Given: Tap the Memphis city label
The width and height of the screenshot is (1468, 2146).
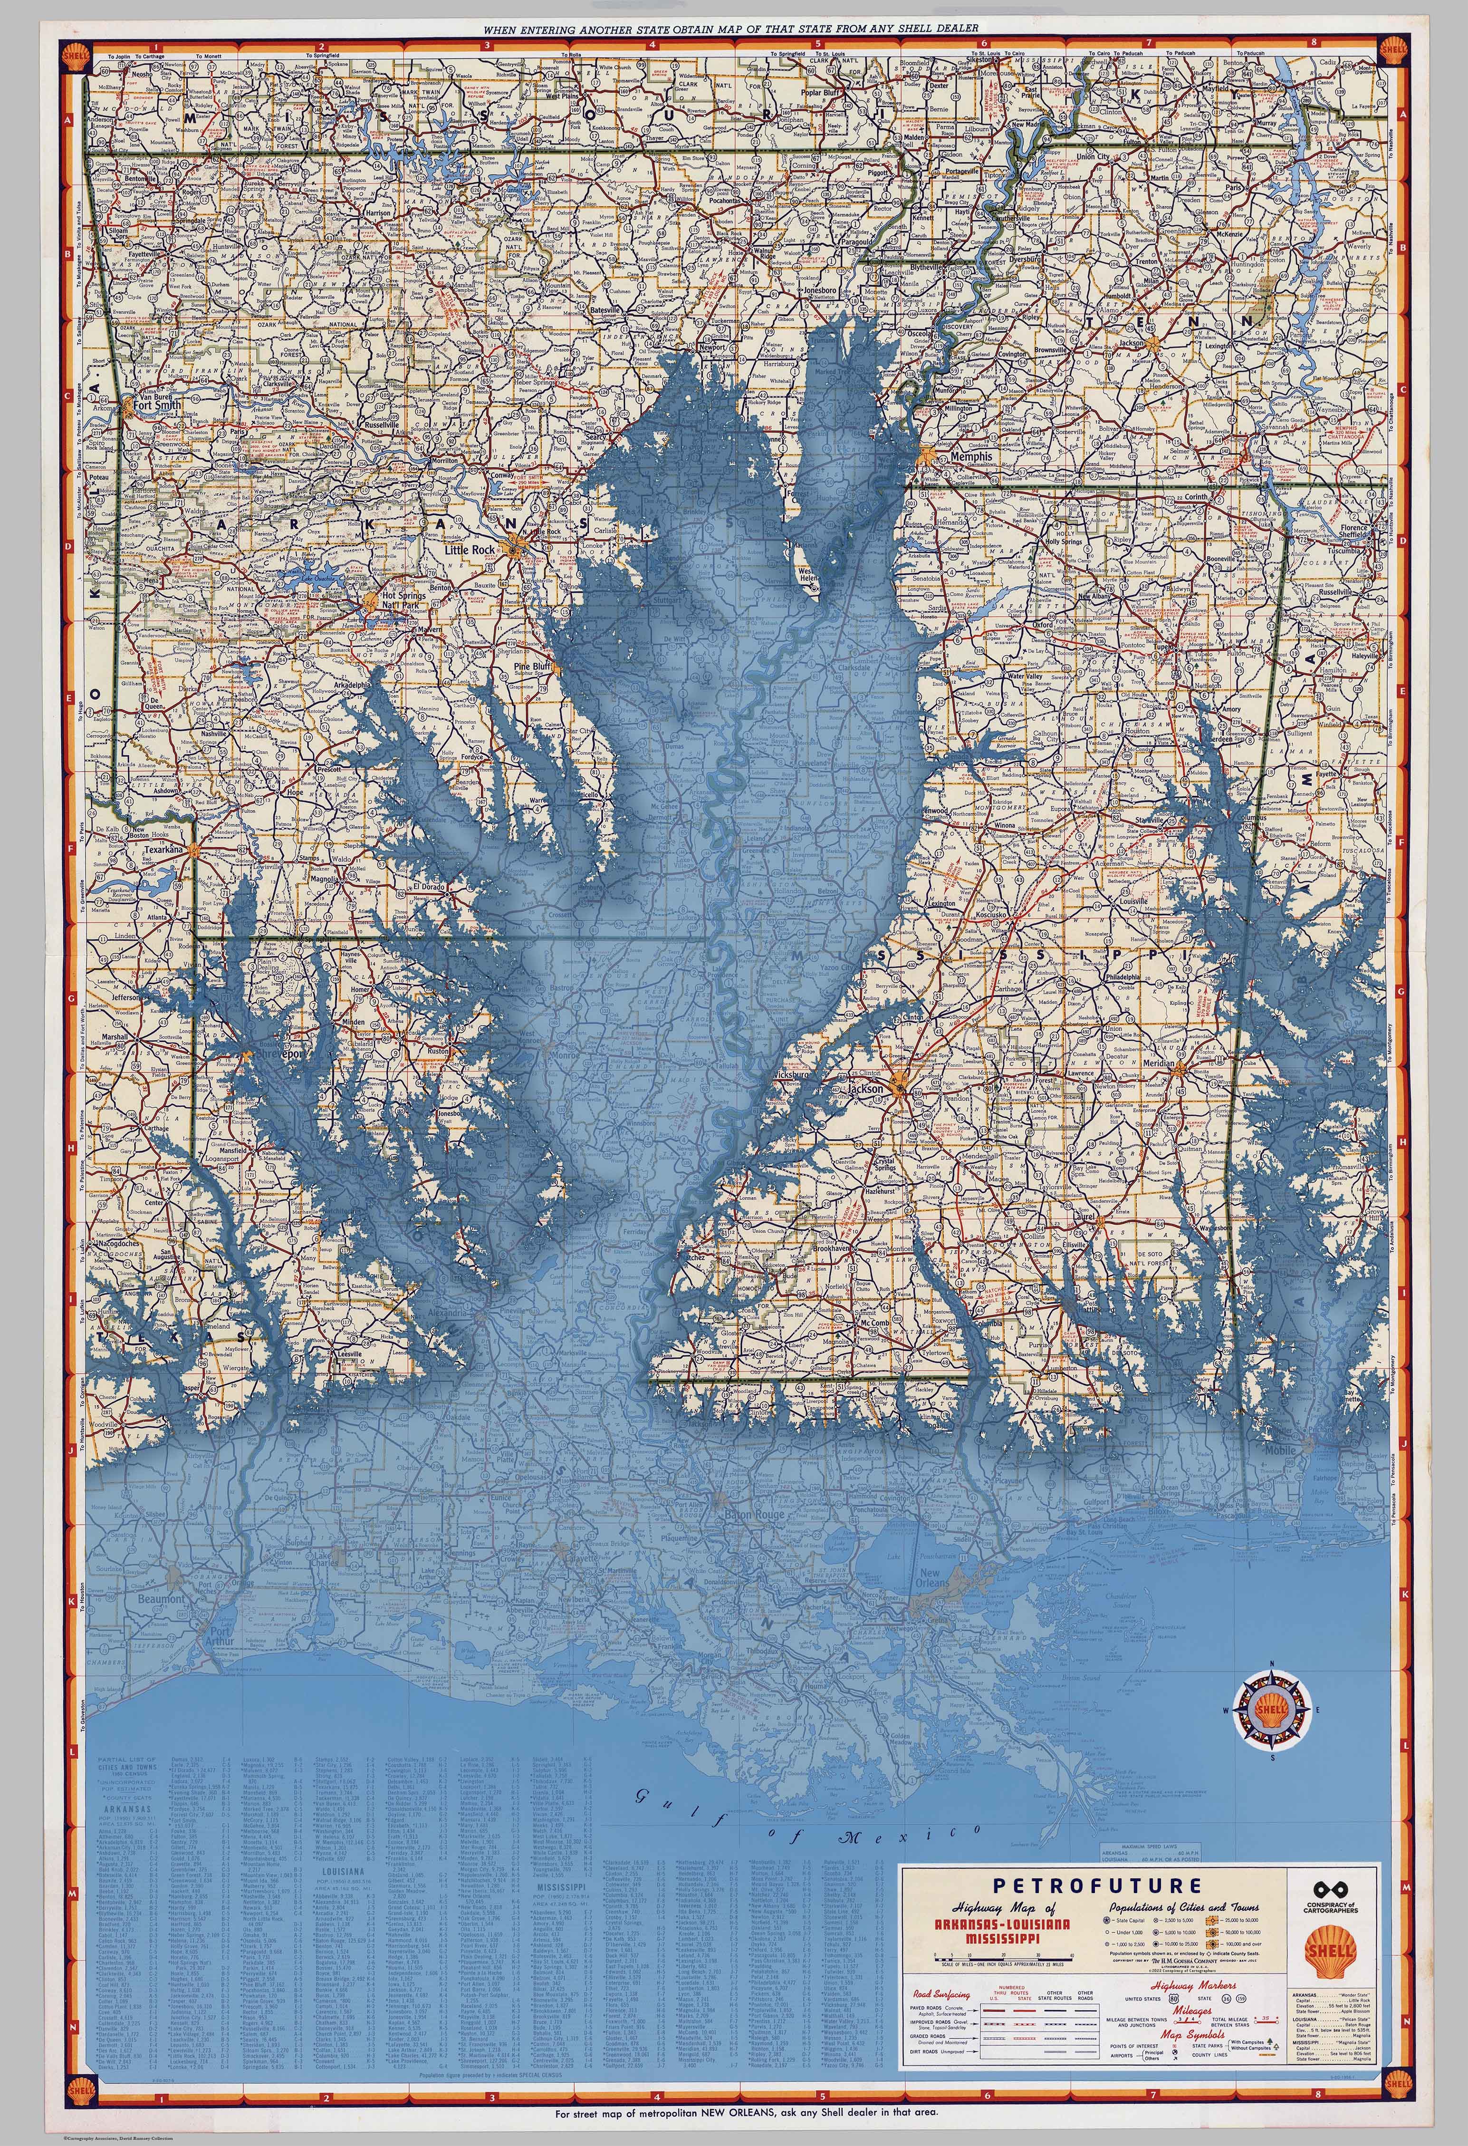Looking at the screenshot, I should click(x=967, y=456).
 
